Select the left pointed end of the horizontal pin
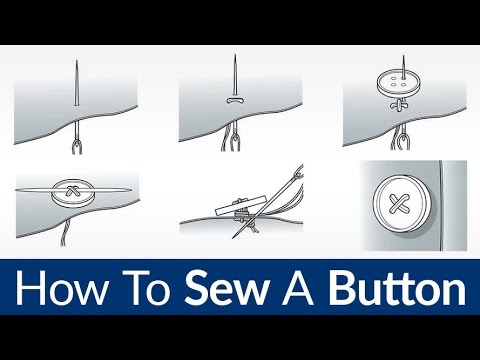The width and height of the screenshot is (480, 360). click(x=22, y=191)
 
